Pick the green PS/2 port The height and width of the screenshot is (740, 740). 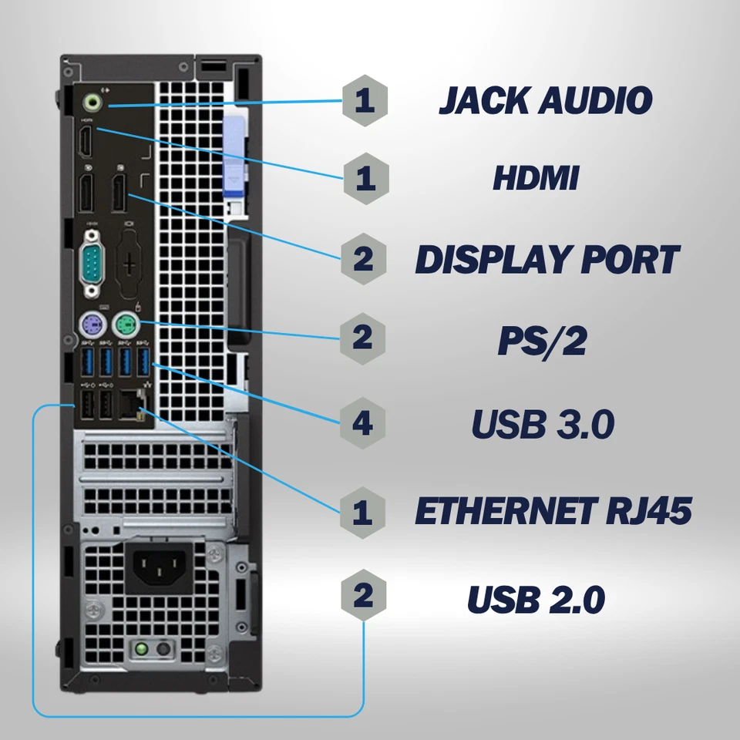pos(123,325)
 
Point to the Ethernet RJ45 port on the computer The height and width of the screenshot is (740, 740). pos(128,404)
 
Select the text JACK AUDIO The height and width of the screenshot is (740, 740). pos(545,100)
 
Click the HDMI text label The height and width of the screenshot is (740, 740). pos(536,179)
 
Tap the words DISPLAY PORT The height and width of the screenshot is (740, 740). pos(547,259)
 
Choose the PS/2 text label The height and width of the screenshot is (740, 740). pos(541,341)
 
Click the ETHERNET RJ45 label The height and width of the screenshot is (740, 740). pos(552,510)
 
